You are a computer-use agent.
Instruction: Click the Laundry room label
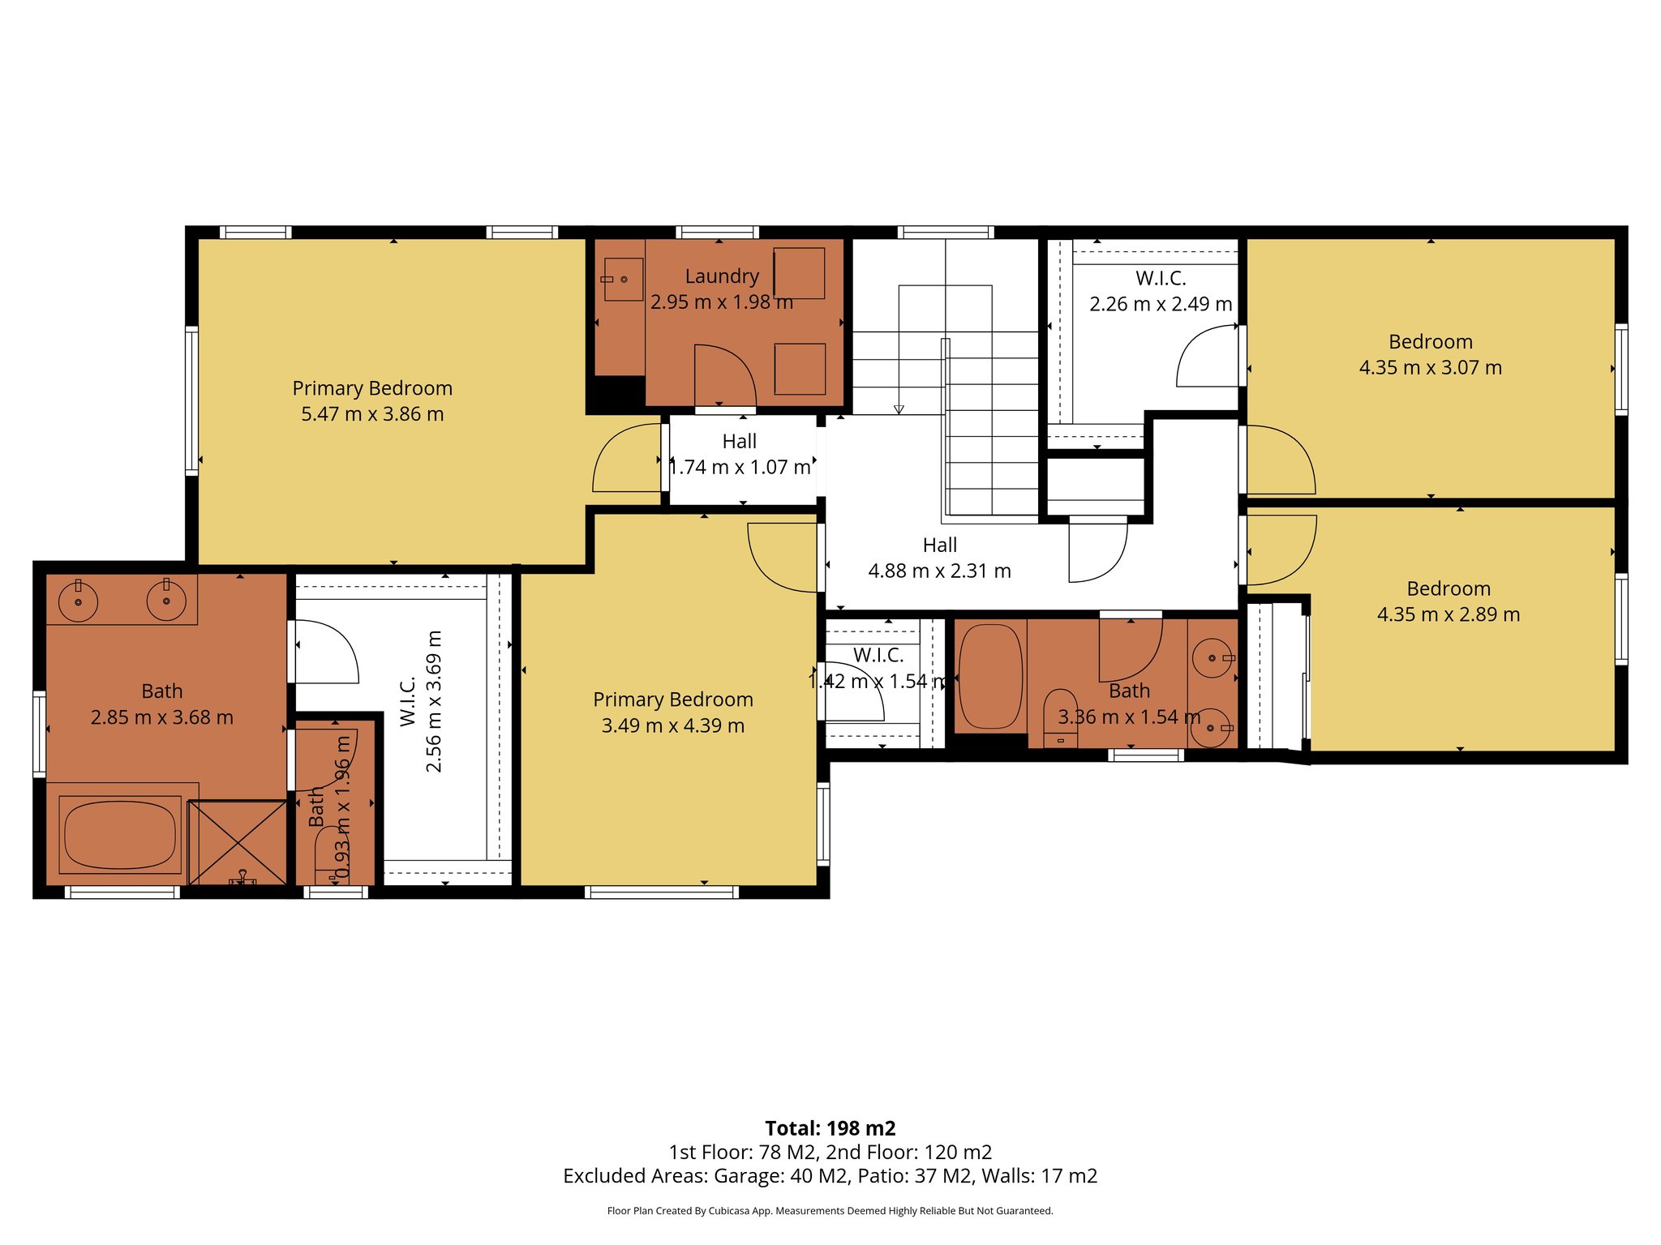tap(722, 276)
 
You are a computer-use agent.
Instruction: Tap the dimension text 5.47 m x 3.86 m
tap(372, 414)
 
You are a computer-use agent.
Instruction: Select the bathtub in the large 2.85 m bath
tap(119, 834)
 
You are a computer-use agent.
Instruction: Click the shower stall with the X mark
tap(238, 841)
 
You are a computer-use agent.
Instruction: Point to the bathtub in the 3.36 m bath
tap(990, 677)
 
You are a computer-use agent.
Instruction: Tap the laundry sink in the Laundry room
tap(623, 280)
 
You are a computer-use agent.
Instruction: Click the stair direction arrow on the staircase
tap(899, 409)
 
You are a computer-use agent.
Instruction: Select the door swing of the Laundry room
tap(724, 374)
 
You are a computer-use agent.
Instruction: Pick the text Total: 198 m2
tap(830, 1128)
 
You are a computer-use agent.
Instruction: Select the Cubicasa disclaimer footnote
tap(830, 1211)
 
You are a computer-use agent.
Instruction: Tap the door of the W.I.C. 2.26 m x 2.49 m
tap(1207, 357)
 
